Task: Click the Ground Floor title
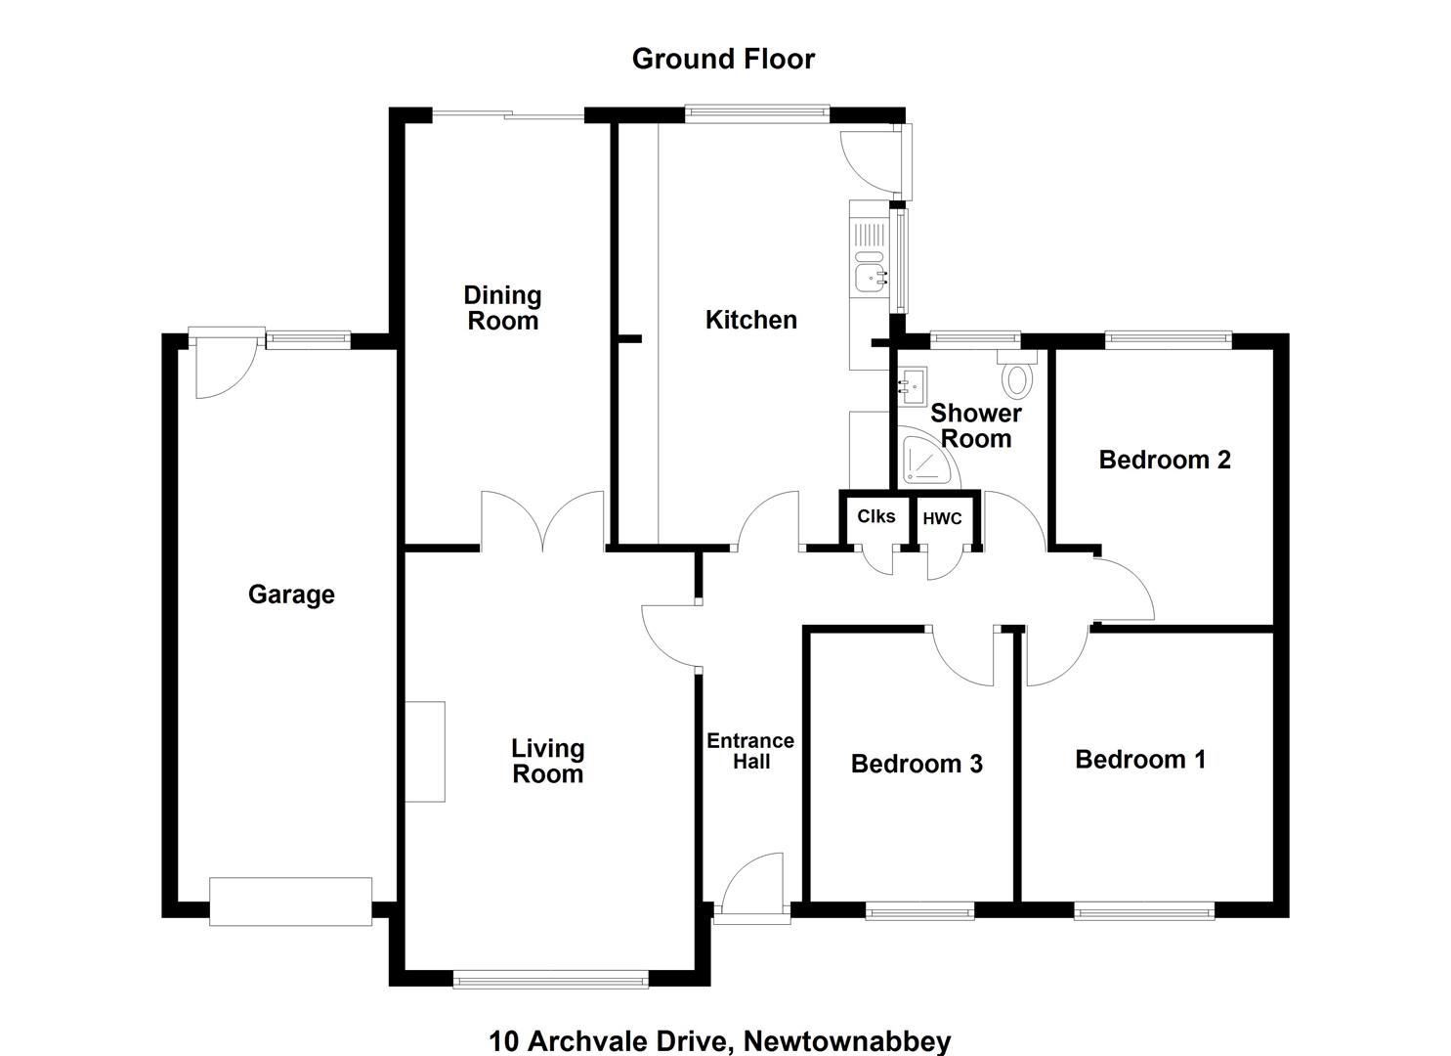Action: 723,59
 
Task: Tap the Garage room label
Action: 291,594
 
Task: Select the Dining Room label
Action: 502,308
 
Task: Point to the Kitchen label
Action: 750,320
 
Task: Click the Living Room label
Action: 548,761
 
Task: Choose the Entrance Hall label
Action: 750,751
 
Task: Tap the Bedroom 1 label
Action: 1140,759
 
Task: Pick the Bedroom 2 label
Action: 1165,460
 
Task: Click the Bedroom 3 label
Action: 917,764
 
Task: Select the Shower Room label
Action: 976,426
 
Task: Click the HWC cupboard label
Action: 943,518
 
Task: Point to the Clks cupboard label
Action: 875,516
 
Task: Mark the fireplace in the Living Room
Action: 425,752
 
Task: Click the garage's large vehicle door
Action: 291,902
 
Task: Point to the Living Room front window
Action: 551,979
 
